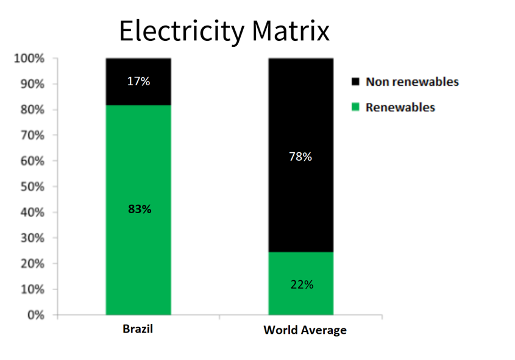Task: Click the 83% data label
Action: coord(140,209)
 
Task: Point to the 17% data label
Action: coord(138,81)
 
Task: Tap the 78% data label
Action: coord(300,157)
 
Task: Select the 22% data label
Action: coord(302,284)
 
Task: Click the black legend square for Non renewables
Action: coord(355,82)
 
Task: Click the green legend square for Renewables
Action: coord(355,108)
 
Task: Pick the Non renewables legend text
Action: coord(412,82)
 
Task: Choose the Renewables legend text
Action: coord(400,108)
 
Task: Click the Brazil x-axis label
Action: coord(138,330)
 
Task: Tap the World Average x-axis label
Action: coord(305,330)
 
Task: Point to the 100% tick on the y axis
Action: coord(29,59)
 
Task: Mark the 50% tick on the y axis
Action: coord(32,187)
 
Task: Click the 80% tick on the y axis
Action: coord(32,110)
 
